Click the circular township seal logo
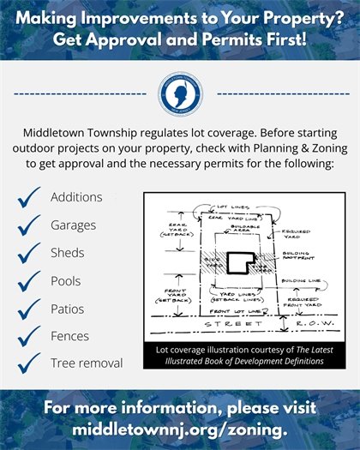[181, 93]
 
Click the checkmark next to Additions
[30, 198]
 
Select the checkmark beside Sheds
[30, 253]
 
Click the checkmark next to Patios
[30, 308]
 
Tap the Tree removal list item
[87, 363]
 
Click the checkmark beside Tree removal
[30, 363]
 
